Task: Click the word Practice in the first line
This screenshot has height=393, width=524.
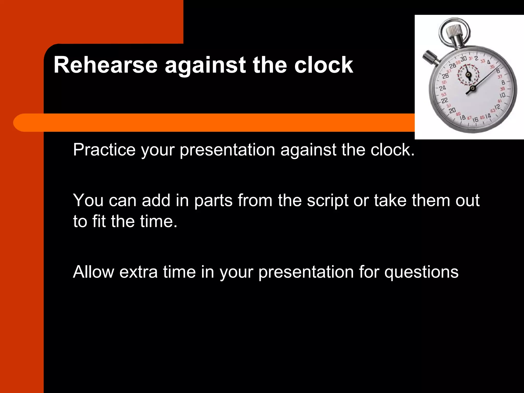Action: point(104,150)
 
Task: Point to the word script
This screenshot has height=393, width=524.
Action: point(327,201)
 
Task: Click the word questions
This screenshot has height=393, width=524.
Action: point(421,272)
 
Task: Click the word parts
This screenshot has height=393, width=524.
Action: point(213,201)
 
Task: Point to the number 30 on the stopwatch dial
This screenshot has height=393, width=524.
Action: point(464,59)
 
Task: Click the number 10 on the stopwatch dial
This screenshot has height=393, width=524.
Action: point(503,95)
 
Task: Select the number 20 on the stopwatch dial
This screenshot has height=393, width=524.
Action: point(452,110)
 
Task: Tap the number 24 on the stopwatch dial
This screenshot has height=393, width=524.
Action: point(442,88)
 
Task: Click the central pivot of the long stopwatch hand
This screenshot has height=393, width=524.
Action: point(473,89)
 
